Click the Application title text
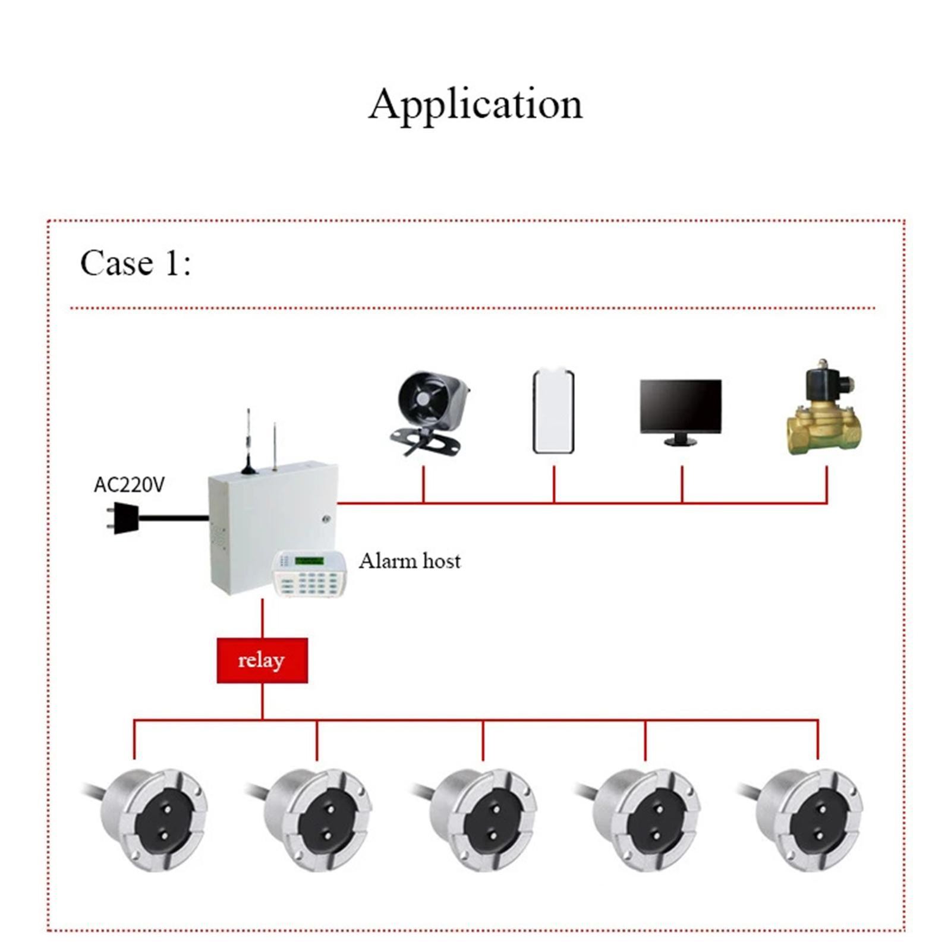475,105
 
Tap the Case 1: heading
136,263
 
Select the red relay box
262,660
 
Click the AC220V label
129,485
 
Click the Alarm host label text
410,561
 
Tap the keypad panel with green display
309,574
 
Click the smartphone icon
553,411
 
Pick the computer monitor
681,407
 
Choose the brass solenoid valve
824,410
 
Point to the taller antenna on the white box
248,440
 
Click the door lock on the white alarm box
326,519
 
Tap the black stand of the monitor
681,440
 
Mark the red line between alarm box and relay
262,618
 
